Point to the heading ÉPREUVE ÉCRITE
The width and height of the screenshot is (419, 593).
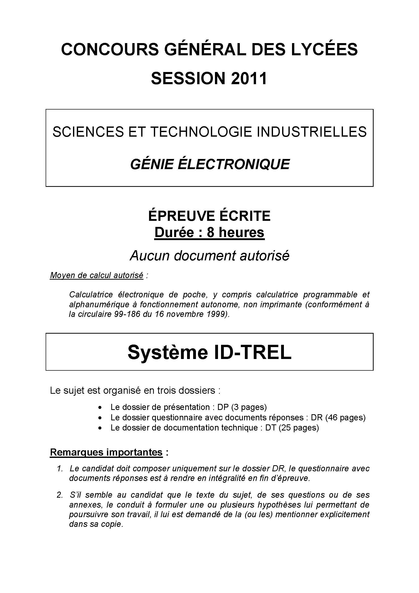pos(209,216)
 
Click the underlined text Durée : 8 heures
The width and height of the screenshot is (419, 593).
pos(209,232)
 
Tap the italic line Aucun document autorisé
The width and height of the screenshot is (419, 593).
pos(209,256)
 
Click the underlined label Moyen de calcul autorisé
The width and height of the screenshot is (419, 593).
pos(97,275)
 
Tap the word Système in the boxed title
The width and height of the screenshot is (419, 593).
pos(168,352)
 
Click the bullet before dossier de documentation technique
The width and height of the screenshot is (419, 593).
pos(100,428)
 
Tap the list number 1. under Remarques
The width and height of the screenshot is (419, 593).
pos(60,469)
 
